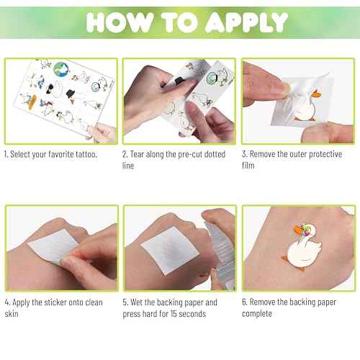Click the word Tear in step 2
[141, 154]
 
